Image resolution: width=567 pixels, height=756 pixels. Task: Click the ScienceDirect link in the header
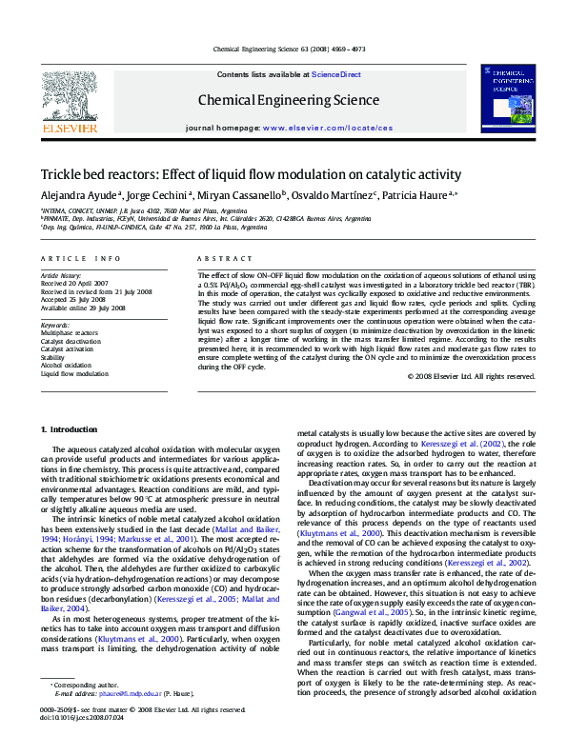336,73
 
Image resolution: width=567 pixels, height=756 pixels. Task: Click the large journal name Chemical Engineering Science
288,100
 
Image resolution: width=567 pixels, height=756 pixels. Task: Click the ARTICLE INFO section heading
80,259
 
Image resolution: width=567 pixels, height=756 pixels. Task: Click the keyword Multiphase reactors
69,333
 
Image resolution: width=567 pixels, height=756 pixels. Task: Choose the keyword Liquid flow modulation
74,374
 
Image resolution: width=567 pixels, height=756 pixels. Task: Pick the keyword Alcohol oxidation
66,366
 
